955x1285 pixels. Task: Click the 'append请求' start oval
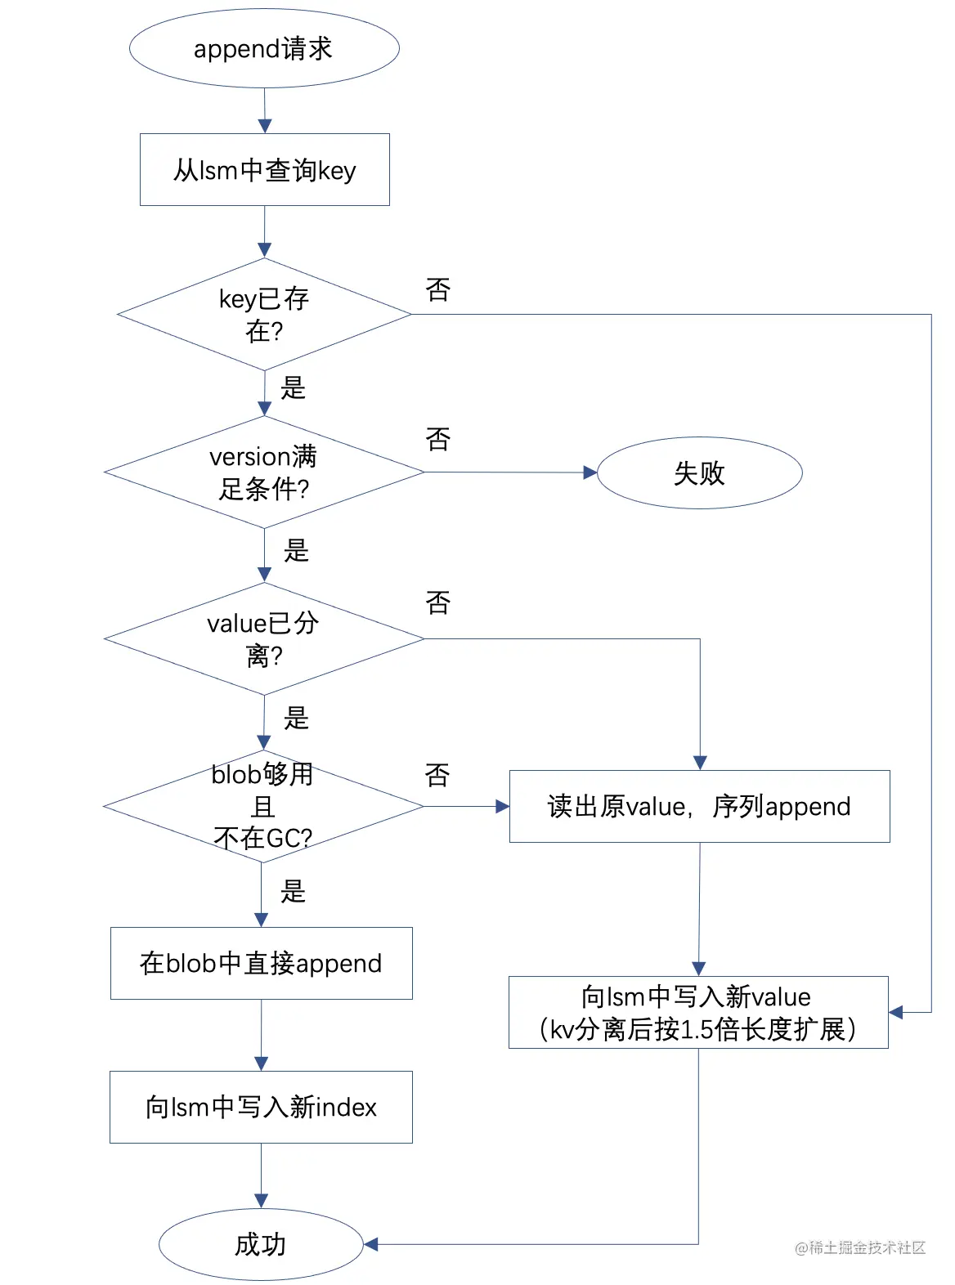coord(264,48)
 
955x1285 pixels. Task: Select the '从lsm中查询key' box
coord(264,170)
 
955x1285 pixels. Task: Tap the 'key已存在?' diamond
coord(264,315)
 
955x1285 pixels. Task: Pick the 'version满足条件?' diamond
coord(264,472)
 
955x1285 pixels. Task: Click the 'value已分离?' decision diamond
coord(264,638)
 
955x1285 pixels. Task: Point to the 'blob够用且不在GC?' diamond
coord(262,806)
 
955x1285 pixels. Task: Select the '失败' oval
coord(699,472)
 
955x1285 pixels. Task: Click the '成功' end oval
coord(261,1244)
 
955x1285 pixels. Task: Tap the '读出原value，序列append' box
coord(699,806)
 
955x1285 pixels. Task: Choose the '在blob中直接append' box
coord(261,963)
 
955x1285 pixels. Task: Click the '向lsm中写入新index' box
coord(261,1107)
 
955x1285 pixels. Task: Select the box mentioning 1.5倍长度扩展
coord(698,1012)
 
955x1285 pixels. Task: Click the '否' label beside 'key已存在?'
coord(438,289)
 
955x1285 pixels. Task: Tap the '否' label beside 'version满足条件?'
coord(438,440)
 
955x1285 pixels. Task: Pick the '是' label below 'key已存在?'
coord(293,387)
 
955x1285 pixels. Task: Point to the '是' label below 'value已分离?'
coord(296,718)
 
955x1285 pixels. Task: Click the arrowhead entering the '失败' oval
coord(590,472)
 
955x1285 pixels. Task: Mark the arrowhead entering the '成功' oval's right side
coord(370,1244)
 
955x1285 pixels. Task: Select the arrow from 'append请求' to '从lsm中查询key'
coord(264,110)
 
